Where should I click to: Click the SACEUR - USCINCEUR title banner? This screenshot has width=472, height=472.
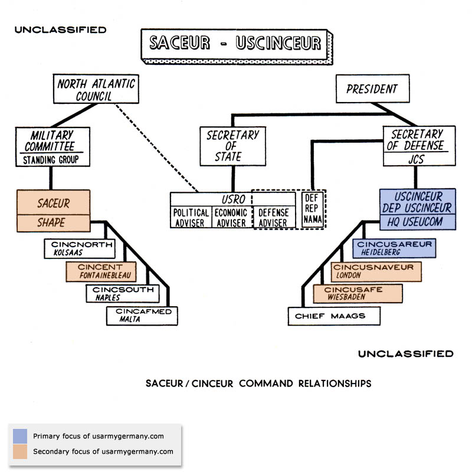point(234,44)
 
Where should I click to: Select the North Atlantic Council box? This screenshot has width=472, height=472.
point(96,89)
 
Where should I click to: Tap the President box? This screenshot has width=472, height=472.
point(372,90)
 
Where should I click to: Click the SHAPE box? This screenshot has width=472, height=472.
point(54,222)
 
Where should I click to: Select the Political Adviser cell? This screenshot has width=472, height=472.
point(191,217)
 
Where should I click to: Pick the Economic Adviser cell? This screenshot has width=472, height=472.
point(231,217)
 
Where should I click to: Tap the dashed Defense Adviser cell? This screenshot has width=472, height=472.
point(273,217)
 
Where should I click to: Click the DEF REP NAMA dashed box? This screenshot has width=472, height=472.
point(312,209)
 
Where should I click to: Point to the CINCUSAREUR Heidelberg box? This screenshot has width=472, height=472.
point(394,248)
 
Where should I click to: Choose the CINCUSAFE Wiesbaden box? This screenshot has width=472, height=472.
point(358,293)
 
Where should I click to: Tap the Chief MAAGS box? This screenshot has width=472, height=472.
point(335,316)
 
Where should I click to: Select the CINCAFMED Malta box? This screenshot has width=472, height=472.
point(142,316)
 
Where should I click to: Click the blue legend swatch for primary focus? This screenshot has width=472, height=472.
point(20,437)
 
